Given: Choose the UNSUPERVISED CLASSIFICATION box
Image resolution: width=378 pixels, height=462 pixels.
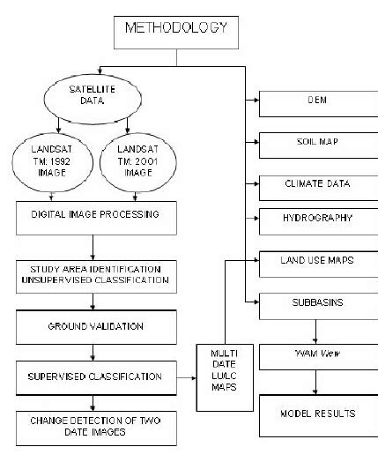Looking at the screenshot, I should [103, 274].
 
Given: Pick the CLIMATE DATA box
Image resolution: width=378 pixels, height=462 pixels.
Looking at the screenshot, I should [318, 184].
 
